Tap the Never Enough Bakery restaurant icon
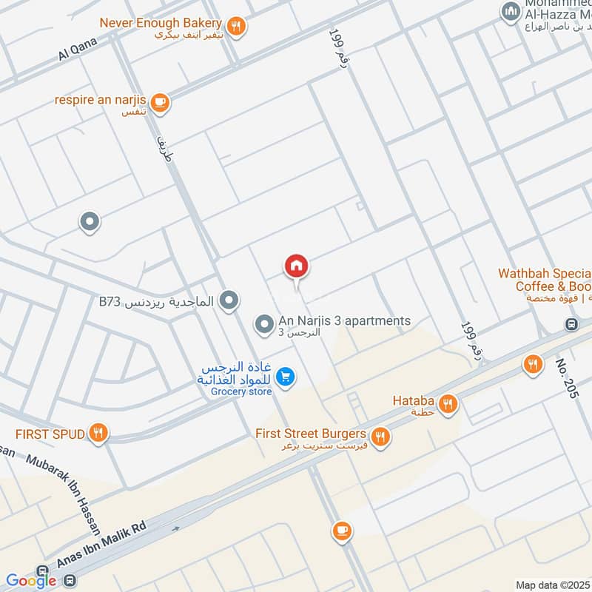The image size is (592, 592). pyautogui.click(x=236, y=26)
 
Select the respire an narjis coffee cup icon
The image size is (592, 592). pyautogui.click(x=160, y=101)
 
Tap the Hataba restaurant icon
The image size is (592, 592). pyautogui.click(x=448, y=403)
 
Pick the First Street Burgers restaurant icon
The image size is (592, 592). pyautogui.click(x=380, y=436)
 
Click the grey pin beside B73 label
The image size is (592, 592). pyautogui.click(x=230, y=300)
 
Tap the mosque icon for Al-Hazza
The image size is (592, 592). pyautogui.click(x=510, y=12)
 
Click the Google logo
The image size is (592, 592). pyautogui.click(x=31, y=581)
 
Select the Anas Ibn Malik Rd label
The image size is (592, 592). pyautogui.click(x=103, y=547)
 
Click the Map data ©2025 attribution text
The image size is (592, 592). pyautogui.click(x=551, y=585)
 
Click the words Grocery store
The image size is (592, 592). pyautogui.click(x=241, y=391)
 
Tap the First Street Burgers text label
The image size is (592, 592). pyautogui.click(x=311, y=434)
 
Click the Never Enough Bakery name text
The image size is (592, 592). pyautogui.click(x=161, y=23)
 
